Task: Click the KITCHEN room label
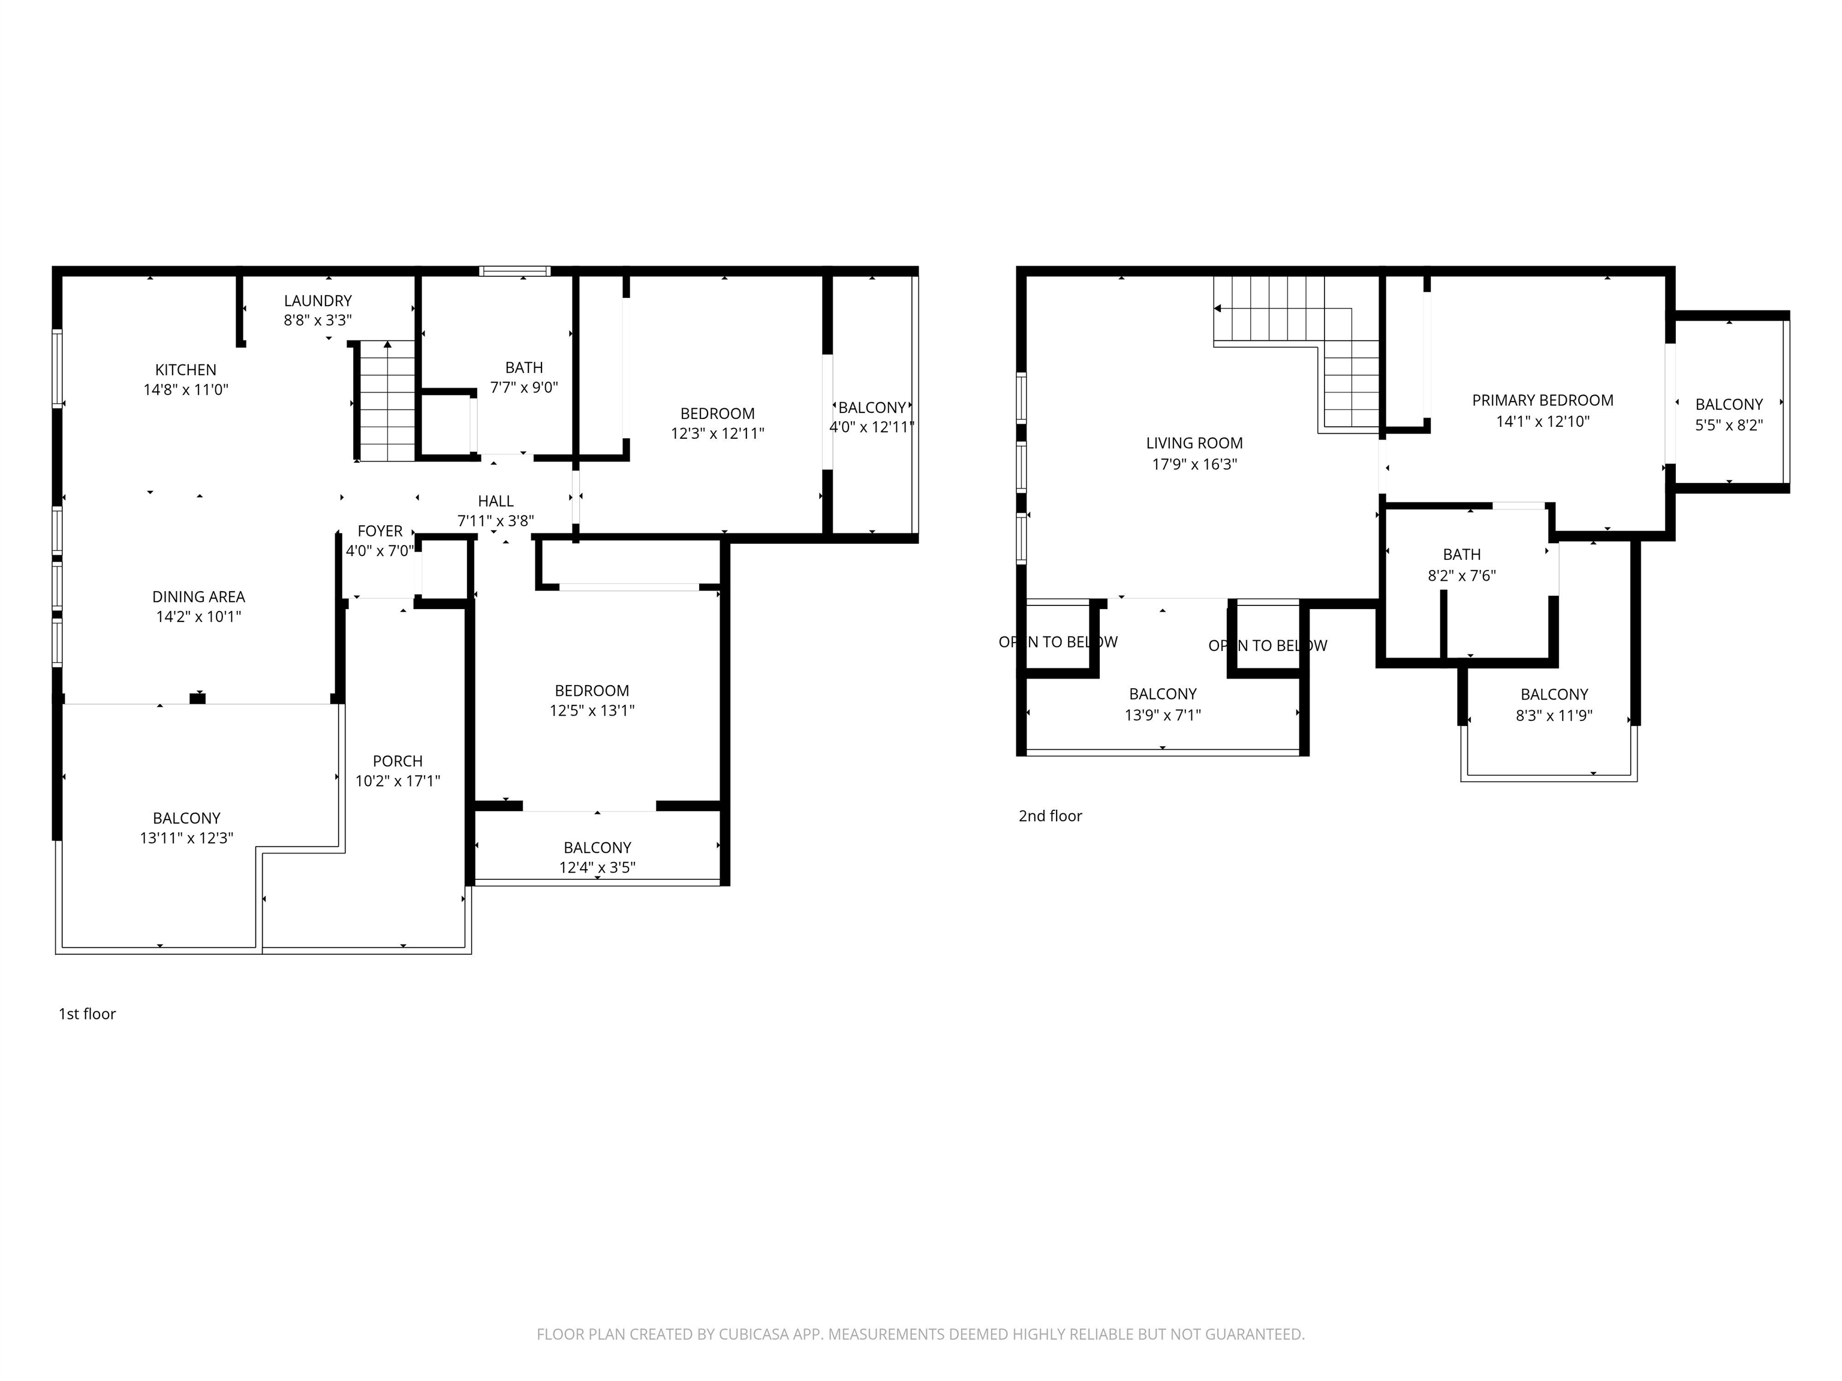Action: click(x=186, y=370)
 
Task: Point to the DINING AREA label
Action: click(x=198, y=597)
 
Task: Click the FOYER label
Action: click(x=380, y=531)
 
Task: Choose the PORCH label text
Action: click(x=397, y=761)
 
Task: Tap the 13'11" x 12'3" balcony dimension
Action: click(x=186, y=839)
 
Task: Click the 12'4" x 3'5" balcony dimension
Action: click(x=597, y=867)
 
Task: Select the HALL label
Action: click(x=495, y=501)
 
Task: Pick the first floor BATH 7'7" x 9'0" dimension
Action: click(x=524, y=387)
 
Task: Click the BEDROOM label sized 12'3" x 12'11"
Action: click(x=717, y=414)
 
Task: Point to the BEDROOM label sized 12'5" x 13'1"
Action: click(x=591, y=691)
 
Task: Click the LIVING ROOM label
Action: click(x=1194, y=444)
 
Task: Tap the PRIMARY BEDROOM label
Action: click(x=1542, y=400)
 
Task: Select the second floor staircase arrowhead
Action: click(x=1217, y=309)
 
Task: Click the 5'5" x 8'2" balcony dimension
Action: click(x=1729, y=424)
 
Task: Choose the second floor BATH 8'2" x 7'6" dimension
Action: click(x=1461, y=575)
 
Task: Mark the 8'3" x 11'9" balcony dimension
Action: click(x=1554, y=715)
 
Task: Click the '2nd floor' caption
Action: click(x=1050, y=816)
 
